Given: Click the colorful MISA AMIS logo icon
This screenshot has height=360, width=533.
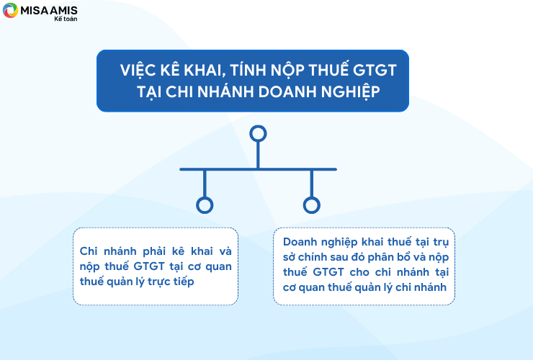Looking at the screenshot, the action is pos(10,10).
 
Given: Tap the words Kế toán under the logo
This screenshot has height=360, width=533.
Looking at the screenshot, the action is pos(66,19).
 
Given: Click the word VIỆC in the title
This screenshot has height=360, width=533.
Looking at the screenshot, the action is pos(138,70).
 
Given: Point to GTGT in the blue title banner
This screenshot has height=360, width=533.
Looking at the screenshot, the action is pos(375,71).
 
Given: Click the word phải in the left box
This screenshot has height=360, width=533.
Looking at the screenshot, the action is pos(154,251).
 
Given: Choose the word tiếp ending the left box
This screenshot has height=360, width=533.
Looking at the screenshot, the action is pos(184,282).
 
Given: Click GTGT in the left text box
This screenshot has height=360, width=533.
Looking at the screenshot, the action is pos(149,266).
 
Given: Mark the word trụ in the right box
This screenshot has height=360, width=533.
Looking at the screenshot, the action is pos(441,243).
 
